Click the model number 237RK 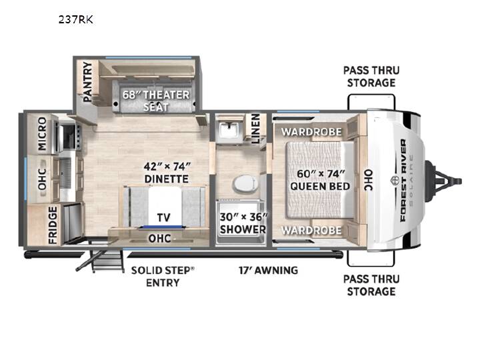coord(75,20)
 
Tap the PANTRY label coord(87,82)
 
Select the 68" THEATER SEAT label coord(156,101)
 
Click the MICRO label coord(42,133)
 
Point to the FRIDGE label coord(53,225)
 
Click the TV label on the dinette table coord(163,217)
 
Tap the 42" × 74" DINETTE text coord(167,173)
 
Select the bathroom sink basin coord(229,129)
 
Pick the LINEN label coord(256,129)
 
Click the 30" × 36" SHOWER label coord(243,223)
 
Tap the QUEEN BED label coord(320,186)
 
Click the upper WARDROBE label coord(311,132)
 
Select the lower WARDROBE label coord(311,230)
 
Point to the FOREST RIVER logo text coord(403,180)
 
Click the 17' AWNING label coord(268,270)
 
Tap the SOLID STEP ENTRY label coord(163,277)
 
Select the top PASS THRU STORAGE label coord(371,77)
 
